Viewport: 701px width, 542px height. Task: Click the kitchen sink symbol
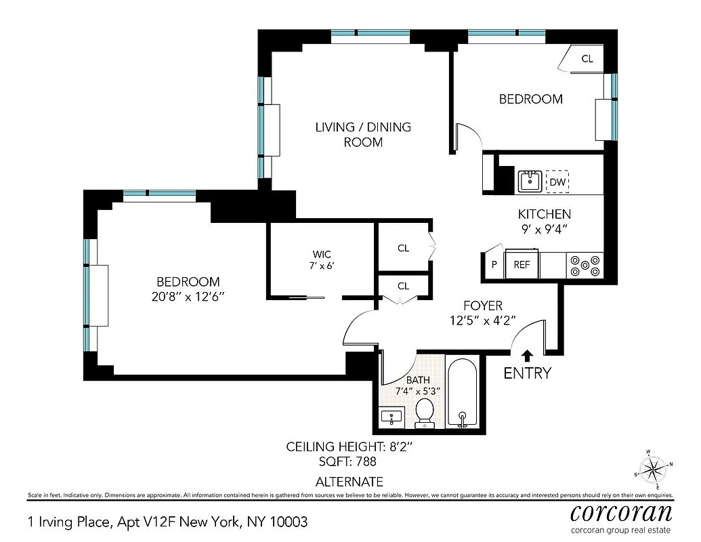point(529,182)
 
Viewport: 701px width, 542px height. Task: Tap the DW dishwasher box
point(557,182)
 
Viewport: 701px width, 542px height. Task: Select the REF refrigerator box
point(522,265)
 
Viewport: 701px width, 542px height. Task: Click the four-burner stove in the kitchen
point(585,265)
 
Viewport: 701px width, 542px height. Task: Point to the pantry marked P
point(494,265)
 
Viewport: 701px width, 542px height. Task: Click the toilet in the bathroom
point(425,413)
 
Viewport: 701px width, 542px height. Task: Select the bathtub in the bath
point(463,393)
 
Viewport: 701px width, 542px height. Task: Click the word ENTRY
point(527,373)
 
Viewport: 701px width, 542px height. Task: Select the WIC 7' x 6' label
point(321,260)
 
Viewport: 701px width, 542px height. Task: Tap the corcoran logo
point(620,512)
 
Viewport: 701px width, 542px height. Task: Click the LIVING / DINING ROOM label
point(363,134)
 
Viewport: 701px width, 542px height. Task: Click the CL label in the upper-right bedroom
point(587,59)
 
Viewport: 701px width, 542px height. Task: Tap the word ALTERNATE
point(349,482)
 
